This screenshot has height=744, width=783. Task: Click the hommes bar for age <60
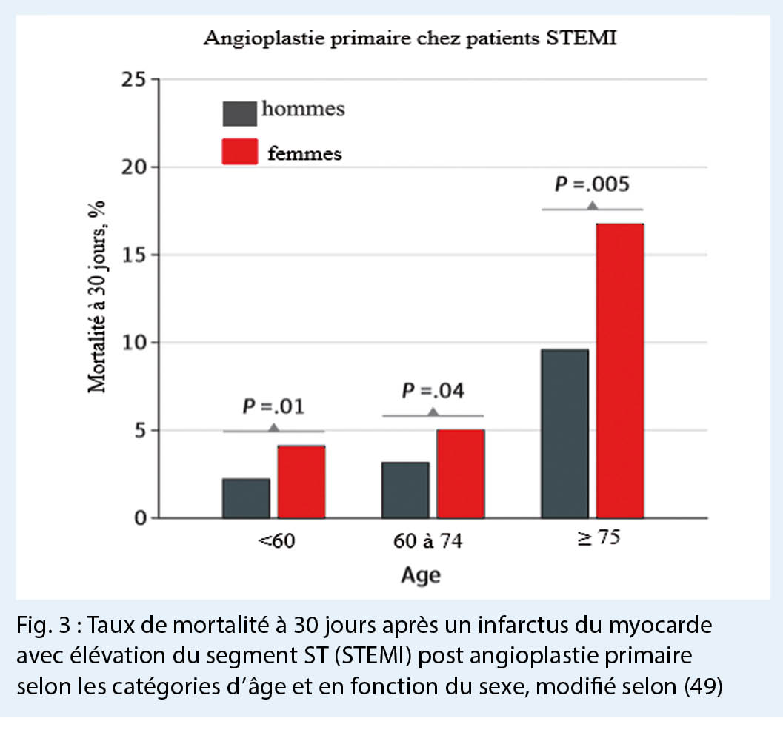pos(246,498)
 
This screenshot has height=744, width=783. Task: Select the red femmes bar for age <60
pos(301,481)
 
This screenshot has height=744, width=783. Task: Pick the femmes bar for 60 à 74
pos(461,473)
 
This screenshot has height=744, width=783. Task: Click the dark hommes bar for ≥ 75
pos(565,433)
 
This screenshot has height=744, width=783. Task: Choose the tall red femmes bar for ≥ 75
pos(621,370)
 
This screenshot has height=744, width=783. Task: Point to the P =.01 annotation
pos(274,406)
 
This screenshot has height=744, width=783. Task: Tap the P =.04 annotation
pos(433,391)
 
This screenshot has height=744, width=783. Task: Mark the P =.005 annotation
pos(592,185)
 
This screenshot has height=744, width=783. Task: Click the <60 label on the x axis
pos(276,541)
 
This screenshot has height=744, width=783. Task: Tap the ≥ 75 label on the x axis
pos(592,538)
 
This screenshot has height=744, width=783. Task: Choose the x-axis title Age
pos(421,574)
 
